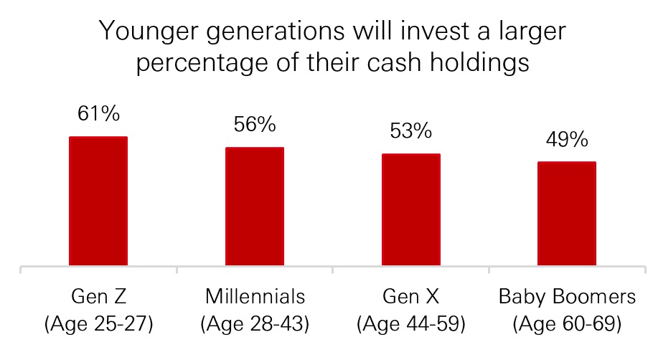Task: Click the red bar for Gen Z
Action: click(x=98, y=201)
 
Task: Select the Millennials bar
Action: click(x=255, y=206)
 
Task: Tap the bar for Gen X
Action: click(x=411, y=209)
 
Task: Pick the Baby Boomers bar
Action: click(x=567, y=213)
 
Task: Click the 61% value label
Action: click(x=99, y=113)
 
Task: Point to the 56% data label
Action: click(x=255, y=124)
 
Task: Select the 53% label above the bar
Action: click(x=411, y=131)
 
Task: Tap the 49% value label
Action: click(x=567, y=139)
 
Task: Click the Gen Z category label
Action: click(x=99, y=297)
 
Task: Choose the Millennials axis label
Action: click(x=255, y=297)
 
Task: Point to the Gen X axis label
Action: click(x=411, y=297)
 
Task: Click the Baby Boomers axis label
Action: click(x=567, y=297)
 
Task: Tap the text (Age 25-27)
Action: click(x=99, y=324)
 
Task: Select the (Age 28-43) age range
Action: click(x=255, y=324)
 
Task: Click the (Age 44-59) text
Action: click(x=411, y=324)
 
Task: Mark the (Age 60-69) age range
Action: click(x=567, y=324)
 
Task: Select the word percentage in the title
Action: click(x=202, y=64)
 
